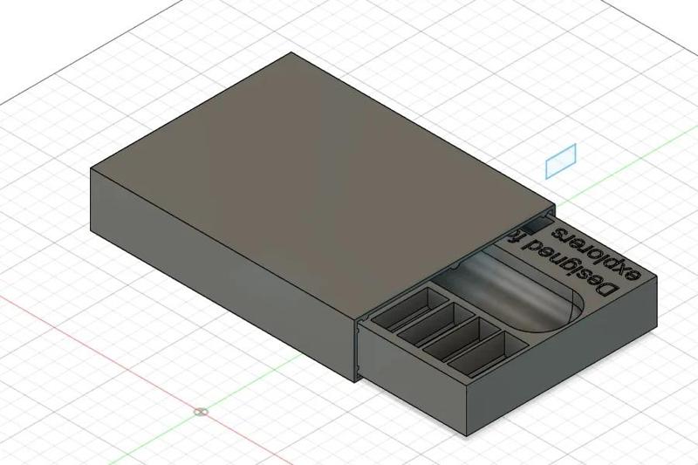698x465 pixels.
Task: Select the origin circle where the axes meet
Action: coord(201,410)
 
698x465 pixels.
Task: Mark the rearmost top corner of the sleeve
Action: coord(291,53)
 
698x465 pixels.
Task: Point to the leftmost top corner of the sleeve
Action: coord(91,168)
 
